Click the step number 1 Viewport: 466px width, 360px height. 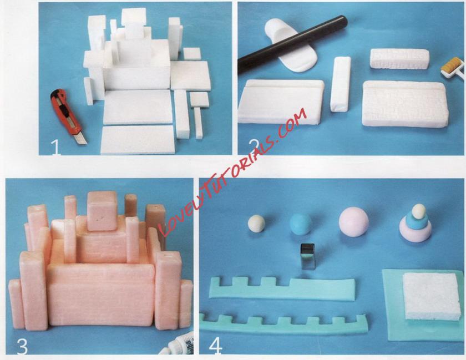point(55,147)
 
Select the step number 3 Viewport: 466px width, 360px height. point(22,346)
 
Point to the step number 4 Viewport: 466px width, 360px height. point(215,346)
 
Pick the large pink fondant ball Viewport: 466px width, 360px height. point(354,222)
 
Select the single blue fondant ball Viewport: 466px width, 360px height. point(301,224)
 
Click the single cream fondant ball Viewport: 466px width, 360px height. point(256,223)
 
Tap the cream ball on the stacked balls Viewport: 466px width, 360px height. point(419,211)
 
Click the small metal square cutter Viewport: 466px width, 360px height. point(307,256)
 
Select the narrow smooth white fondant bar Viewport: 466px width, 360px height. point(341,84)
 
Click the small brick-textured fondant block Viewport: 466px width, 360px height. point(399,59)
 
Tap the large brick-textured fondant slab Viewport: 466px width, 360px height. point(405,104)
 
